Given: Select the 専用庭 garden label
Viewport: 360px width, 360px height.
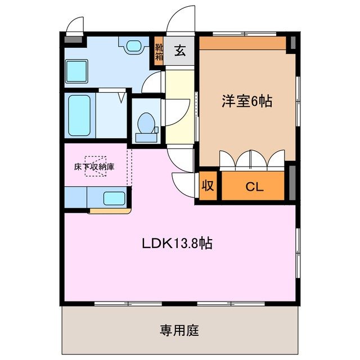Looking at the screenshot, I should [179, 330].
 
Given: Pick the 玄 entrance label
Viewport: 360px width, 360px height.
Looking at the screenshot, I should [180, 51].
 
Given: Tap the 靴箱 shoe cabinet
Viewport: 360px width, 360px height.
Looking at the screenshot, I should [159, 51].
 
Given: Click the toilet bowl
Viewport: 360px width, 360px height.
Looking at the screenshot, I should [146, 124].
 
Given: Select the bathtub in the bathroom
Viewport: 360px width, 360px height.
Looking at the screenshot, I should [79, 115].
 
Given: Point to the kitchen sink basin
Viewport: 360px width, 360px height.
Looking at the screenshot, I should [115, 198].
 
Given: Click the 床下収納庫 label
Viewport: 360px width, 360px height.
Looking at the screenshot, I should [95, 167].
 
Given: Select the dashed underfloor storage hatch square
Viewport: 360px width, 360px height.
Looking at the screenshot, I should [95, 166].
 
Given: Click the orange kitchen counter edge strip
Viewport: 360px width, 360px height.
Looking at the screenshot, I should [109, 211].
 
